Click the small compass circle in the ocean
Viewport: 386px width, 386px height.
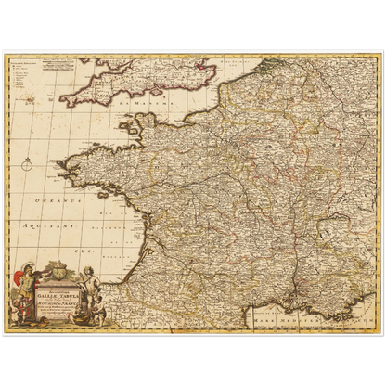coord(27,165)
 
